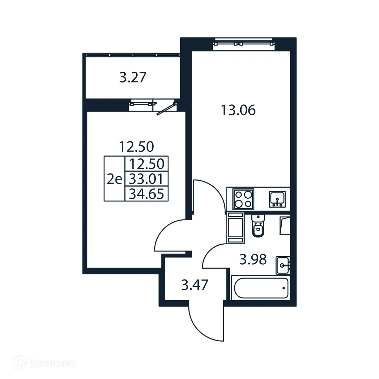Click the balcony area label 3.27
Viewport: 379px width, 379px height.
pyautogui.click(x=133, y=78)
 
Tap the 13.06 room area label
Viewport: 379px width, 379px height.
pyautogui.click(x=238, y=110)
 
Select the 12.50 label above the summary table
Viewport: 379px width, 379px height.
pyautogui.click(x=136, y=147)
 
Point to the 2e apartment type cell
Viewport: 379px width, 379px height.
pyautogui.click(x=114, y=179)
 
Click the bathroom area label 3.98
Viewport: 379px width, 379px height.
pyautogui.click(x=253, y=260)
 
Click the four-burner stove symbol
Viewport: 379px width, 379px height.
pyautogui.click(x=244, y=199)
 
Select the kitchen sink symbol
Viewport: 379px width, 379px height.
pyautogui.click(x=276, y=199)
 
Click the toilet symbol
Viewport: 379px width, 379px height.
pyautogui.click(x=258, y=225)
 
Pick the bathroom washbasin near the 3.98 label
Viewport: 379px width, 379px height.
pyautogui.click(x=283, y=265)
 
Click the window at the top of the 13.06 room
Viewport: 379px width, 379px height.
pyautogui.click(x=245, y=43)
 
